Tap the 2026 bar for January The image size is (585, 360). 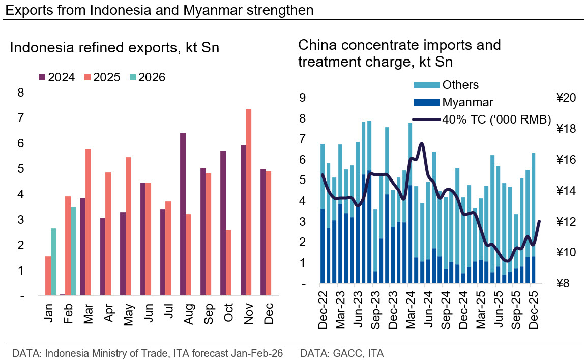pos(53,262)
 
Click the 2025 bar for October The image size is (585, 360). pos(228,262)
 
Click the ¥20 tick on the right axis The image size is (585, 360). pos(565,98)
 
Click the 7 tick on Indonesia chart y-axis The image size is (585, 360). pos(20,118)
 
